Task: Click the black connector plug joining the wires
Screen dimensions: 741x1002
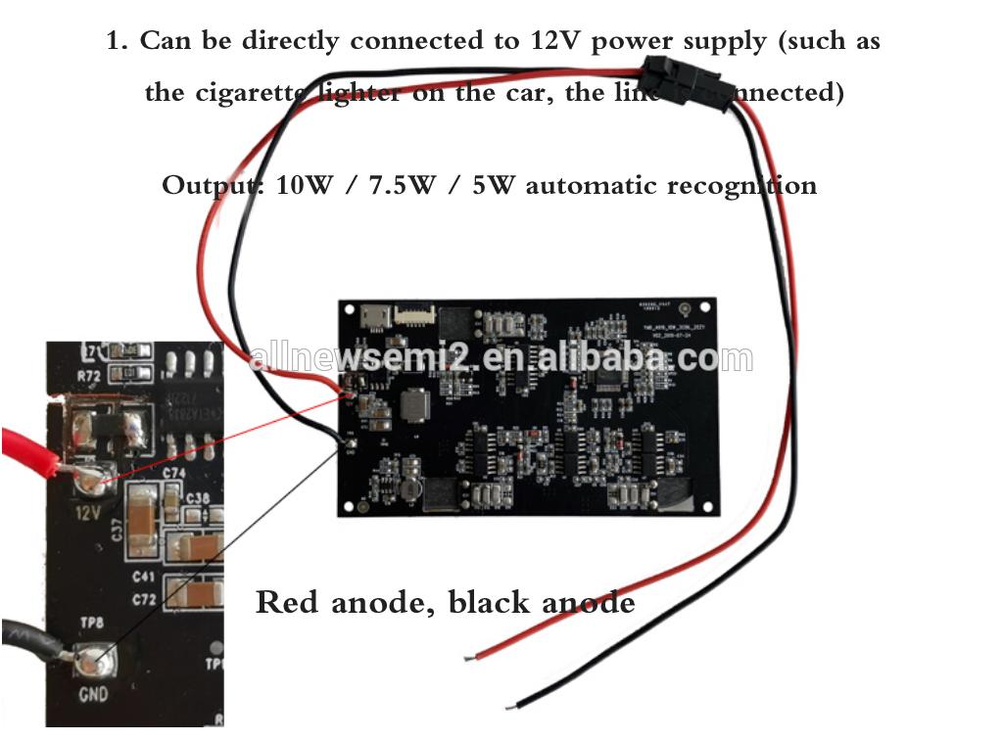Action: [688, 82]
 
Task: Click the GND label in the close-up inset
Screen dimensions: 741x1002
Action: [93, 695]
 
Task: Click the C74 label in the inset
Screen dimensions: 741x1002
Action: [174, 473]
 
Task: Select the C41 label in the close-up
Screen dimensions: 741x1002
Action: [144, 578]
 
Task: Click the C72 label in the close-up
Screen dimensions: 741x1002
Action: [144, 597]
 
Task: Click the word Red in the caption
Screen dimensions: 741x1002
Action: [288, 601]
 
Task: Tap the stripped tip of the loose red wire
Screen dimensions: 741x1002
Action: [471, 657]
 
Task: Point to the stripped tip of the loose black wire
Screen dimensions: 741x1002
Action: [510, 705]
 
